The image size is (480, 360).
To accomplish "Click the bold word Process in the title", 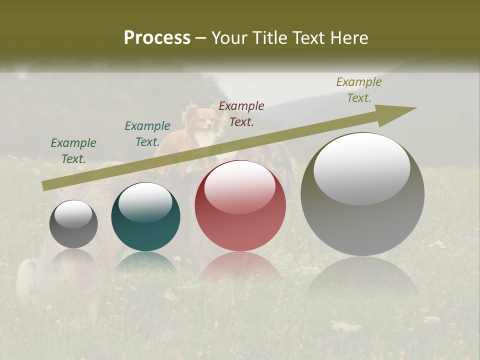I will click(157, 38).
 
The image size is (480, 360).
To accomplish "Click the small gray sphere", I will click(73, 224).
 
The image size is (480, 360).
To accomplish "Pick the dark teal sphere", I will click(145, 217).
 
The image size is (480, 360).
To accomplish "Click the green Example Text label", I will click(73, 151).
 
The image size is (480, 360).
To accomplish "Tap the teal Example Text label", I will click(147, 134).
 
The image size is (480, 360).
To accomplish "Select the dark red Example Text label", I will click(241, 113).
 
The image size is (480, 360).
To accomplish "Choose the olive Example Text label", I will click(359, 90).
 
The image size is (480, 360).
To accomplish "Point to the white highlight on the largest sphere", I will click(361, 169).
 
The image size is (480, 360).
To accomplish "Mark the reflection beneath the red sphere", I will click(240, 265).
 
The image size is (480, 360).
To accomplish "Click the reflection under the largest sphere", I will click(362, 275).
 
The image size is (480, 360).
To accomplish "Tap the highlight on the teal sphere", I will click(145, 202).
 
